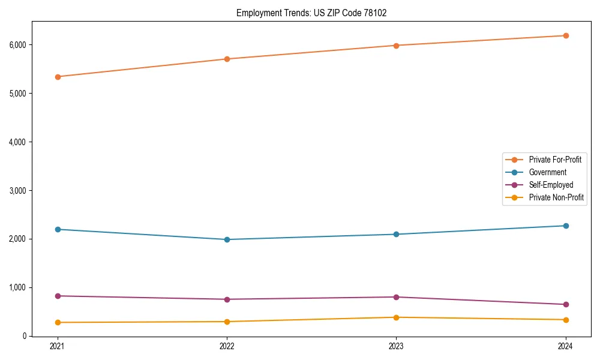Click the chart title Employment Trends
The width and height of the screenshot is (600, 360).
[307, 13]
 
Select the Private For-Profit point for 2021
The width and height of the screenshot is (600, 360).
[58, 77]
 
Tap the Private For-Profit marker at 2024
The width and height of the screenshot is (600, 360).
[566, 36]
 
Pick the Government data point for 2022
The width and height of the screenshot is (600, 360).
[227, 239]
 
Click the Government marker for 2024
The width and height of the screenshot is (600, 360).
[566, 226]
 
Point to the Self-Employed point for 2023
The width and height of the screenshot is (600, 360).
[396, 297]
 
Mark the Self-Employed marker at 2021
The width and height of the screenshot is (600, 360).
[58, 296]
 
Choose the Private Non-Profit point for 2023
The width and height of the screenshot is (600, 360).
[396, 317]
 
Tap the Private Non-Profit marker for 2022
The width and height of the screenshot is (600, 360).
[227, 322]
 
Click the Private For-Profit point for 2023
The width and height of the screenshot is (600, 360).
[396, 46]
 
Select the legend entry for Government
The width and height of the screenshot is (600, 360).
[547, 172]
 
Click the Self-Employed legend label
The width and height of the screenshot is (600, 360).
[551, 185]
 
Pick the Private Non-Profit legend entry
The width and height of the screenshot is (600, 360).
[556, 197]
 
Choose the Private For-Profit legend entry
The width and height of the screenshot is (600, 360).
[555, 160]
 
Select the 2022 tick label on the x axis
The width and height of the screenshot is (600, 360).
[227, 346]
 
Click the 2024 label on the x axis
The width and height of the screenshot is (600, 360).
[566, 346]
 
